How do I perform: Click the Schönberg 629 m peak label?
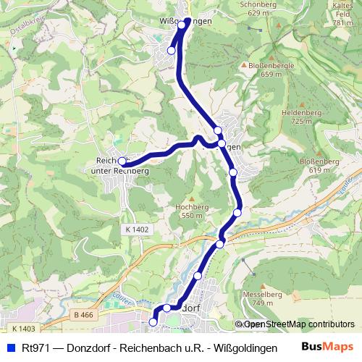[x=258, y=8]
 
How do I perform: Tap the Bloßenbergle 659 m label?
[x=270, y=69]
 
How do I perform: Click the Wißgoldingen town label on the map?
[x=184, y=22]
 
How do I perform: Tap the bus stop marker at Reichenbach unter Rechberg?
[x=123, y=161]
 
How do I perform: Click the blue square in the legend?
[x=10, y=348]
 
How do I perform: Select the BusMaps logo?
[x=328, y=347]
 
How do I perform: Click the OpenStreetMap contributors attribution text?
[x=298, y=324]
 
